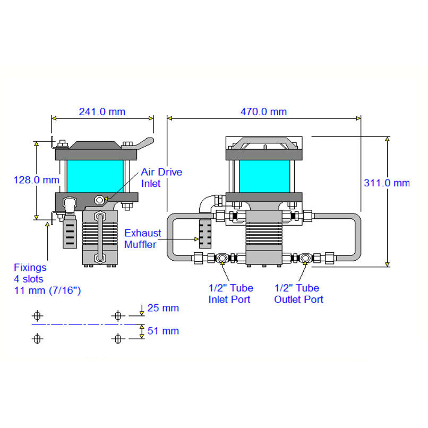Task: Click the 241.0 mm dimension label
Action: (102, 112)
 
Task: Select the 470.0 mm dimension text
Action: (264, 112)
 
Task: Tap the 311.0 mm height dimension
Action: (387, 183)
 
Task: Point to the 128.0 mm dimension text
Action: (37, 180)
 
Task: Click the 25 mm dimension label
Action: (163, 308)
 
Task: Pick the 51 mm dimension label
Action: (163, 331)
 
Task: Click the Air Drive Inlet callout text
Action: (161, 178)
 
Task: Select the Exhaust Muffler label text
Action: (142, 238)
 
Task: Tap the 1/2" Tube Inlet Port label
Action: (230, 294)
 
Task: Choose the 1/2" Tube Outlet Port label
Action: (298, 294)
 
